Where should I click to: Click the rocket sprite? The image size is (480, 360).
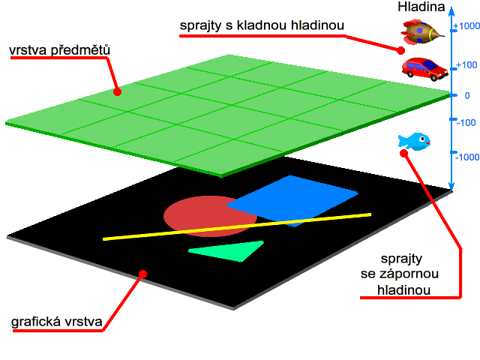click(x=423, y=31)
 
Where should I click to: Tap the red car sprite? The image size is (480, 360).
click(x=425, y=69)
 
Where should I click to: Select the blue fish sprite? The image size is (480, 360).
click(x=414, y=142)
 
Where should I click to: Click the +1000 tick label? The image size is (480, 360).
click(x=466, y=26)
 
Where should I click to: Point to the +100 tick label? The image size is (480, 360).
click(x=466, y=65)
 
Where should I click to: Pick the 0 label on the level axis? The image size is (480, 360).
click(x=467, y=96)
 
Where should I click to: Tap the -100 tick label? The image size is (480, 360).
click(x=466, y=123)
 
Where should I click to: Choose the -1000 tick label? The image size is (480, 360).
click(x=467, y=157)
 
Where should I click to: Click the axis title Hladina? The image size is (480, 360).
click(x=421, y=7)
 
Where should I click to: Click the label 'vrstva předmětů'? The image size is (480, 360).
click(x=60, y=50)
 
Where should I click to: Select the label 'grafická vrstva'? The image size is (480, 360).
click(x=57, y=322)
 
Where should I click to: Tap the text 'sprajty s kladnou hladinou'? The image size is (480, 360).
click(x=262, y=25)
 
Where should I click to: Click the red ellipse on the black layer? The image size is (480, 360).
click(x=210, y=216)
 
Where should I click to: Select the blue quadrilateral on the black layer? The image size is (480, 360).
click(x=292, y=201)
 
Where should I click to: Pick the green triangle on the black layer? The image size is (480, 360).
click(x=226, y=251)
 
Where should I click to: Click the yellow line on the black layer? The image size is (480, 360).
click(x=237, y=226)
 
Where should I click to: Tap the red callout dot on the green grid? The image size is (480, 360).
click(x=117, y=91)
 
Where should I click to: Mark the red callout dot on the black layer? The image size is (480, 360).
click(x=142, y=274)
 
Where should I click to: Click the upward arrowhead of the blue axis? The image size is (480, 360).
click(x=451, y=11)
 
